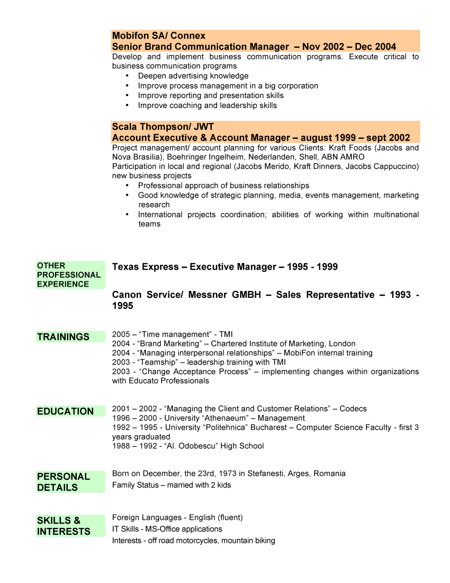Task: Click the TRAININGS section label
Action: pos(63,337)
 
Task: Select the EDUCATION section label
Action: pos(65,411)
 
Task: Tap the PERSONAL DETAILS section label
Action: pos(64,482)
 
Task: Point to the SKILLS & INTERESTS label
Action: pos(64,526)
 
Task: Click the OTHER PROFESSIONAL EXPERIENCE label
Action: pos(69,275)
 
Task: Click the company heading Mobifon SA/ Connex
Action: pos(159,36)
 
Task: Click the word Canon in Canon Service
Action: pos(127,295)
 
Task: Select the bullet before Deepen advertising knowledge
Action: pos(127,76)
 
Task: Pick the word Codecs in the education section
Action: pos(353,409)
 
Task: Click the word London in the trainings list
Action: pos(343,343)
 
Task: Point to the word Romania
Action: pos(329,473)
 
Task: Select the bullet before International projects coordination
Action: pos(127,214)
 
